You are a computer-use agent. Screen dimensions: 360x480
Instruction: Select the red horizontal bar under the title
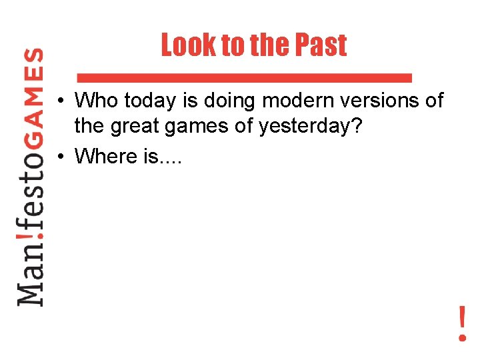244,77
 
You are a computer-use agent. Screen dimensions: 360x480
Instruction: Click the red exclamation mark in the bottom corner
461,323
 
